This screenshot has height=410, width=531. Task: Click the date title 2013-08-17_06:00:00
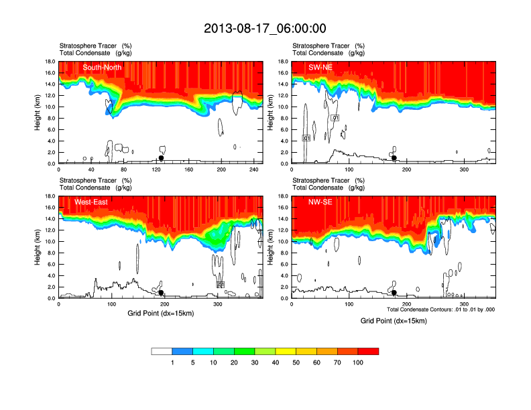coord(265,28)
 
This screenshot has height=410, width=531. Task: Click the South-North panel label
coord(101,67)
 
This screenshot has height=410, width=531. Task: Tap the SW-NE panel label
coord(320,67)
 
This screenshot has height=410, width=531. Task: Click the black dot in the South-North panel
coord(161,158)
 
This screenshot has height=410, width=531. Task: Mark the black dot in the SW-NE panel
coord(394,158)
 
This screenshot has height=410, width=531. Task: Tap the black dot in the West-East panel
coord(161,293)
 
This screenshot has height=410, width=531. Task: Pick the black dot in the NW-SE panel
coord(394,293)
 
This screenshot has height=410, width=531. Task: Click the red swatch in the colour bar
coord(368,351)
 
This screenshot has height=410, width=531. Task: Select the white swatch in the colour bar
coord(162,351)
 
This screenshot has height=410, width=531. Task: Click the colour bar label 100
coord(358,362)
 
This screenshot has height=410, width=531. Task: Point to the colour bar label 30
coord(255,362)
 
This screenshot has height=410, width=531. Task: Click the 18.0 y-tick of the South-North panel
coord(49,62)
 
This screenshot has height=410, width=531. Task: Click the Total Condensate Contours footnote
coord(440,310)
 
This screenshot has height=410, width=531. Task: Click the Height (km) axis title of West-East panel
coord(38,247)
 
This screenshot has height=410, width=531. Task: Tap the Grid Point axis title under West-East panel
coord(160,313)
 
